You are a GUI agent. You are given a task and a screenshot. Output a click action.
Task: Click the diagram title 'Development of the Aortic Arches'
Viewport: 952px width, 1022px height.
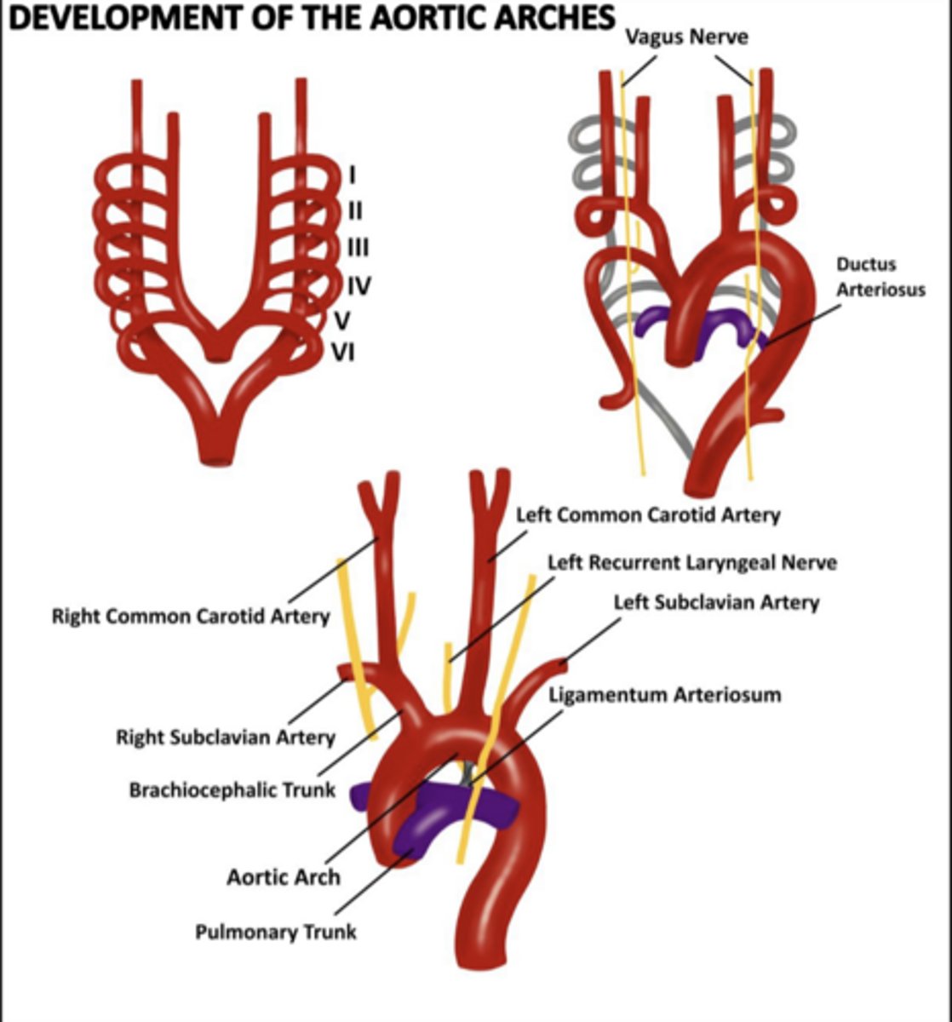click(310, 18)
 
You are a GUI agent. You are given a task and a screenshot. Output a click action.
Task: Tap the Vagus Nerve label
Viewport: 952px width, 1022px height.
click(686, 37)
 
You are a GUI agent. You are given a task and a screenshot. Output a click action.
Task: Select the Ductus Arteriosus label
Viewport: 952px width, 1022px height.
click(879, 277)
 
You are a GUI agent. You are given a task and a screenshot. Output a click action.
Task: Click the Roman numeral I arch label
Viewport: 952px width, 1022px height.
click(352, 175)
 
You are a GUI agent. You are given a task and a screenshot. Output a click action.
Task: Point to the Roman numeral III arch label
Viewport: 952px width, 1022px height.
click(357, 248)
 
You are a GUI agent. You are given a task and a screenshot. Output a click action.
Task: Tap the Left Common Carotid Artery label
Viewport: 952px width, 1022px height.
click(648, 514)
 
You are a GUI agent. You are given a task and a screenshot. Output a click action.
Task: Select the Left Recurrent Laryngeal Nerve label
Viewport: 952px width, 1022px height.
click(691, 563)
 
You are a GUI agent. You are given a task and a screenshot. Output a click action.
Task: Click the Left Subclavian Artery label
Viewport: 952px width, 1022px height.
click(716, 603)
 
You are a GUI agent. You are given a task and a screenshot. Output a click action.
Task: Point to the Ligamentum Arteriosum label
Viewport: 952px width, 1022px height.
click(664, 695)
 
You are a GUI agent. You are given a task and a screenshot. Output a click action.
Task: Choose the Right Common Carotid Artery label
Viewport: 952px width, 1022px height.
click(191, 616)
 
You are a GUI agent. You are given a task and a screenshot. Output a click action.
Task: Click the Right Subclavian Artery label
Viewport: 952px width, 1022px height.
click(226, 737)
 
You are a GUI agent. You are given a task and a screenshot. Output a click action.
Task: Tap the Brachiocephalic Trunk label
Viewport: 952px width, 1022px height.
click(232, 790)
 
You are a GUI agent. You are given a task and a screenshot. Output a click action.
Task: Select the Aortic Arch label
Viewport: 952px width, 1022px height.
click(284, 876)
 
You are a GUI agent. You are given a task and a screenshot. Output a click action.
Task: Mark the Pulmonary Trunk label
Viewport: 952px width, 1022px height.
click(276, 932)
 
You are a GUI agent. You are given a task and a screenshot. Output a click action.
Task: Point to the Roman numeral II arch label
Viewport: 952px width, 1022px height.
click(354, 210)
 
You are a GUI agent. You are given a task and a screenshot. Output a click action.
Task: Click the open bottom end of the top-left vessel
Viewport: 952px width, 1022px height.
click(220, 460)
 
